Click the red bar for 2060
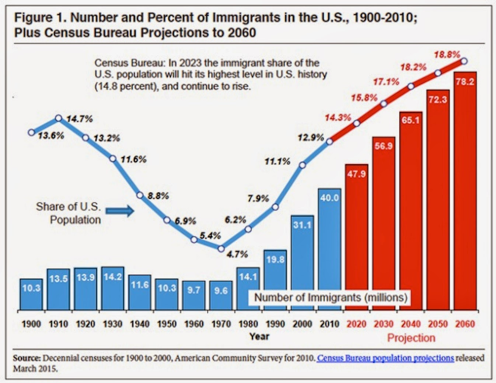coord(465,192)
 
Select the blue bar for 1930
coord(113,290)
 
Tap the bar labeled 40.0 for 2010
coord(329,251)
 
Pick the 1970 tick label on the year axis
coord(221,324)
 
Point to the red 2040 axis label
coord(411,324)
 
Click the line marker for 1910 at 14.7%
coord(59,118)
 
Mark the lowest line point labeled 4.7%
coord(221,249)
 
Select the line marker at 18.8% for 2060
coord(464,61)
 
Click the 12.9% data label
coord(311,138)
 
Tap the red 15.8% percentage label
coord(364,98)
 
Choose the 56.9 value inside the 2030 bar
coord(384,146)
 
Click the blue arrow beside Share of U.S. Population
coord(120,211)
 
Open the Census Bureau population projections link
coord(385,358)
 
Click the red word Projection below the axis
coord(411,338)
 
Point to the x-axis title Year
coord(259,337)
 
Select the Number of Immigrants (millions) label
coord(331,297)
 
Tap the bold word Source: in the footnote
coord(27,358)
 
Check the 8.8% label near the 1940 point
coord(158,196)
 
